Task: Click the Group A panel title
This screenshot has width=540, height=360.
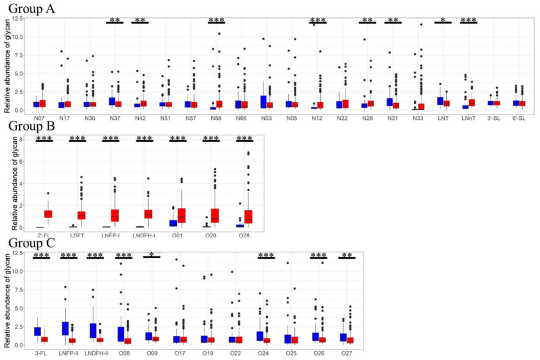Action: click(32, 8)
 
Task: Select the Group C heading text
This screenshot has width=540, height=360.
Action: click(32, 243)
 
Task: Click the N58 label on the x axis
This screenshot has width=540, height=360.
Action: click(216, 119)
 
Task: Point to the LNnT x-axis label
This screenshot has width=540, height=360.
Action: click(468, 119)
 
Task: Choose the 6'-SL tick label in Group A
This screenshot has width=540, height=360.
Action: click(519, 119)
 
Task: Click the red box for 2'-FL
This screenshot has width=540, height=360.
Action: click(48, 214)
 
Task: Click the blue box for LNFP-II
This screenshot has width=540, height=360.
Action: click(65, 328)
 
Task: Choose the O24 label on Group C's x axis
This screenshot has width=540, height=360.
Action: click(266, 353)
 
